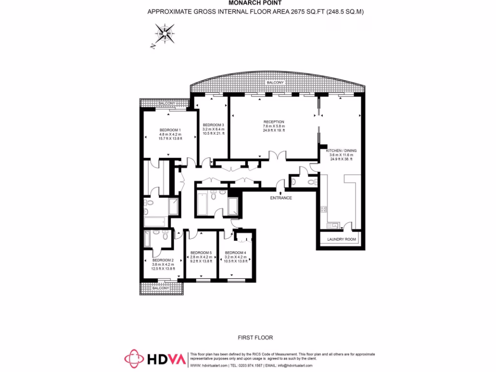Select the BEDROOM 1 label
[x=170, y=130]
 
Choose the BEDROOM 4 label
[x=235, y=253]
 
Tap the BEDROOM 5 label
[x=201, y=253]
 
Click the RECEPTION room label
[x=274, y=122]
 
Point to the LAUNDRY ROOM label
[x=341, y=239]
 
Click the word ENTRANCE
[x=281, y=198]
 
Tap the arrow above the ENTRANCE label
[x=281, y=192]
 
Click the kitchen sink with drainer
[x=334, y=225]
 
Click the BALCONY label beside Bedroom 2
[x=160, y=288]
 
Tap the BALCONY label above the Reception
[x=275, y=83]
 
